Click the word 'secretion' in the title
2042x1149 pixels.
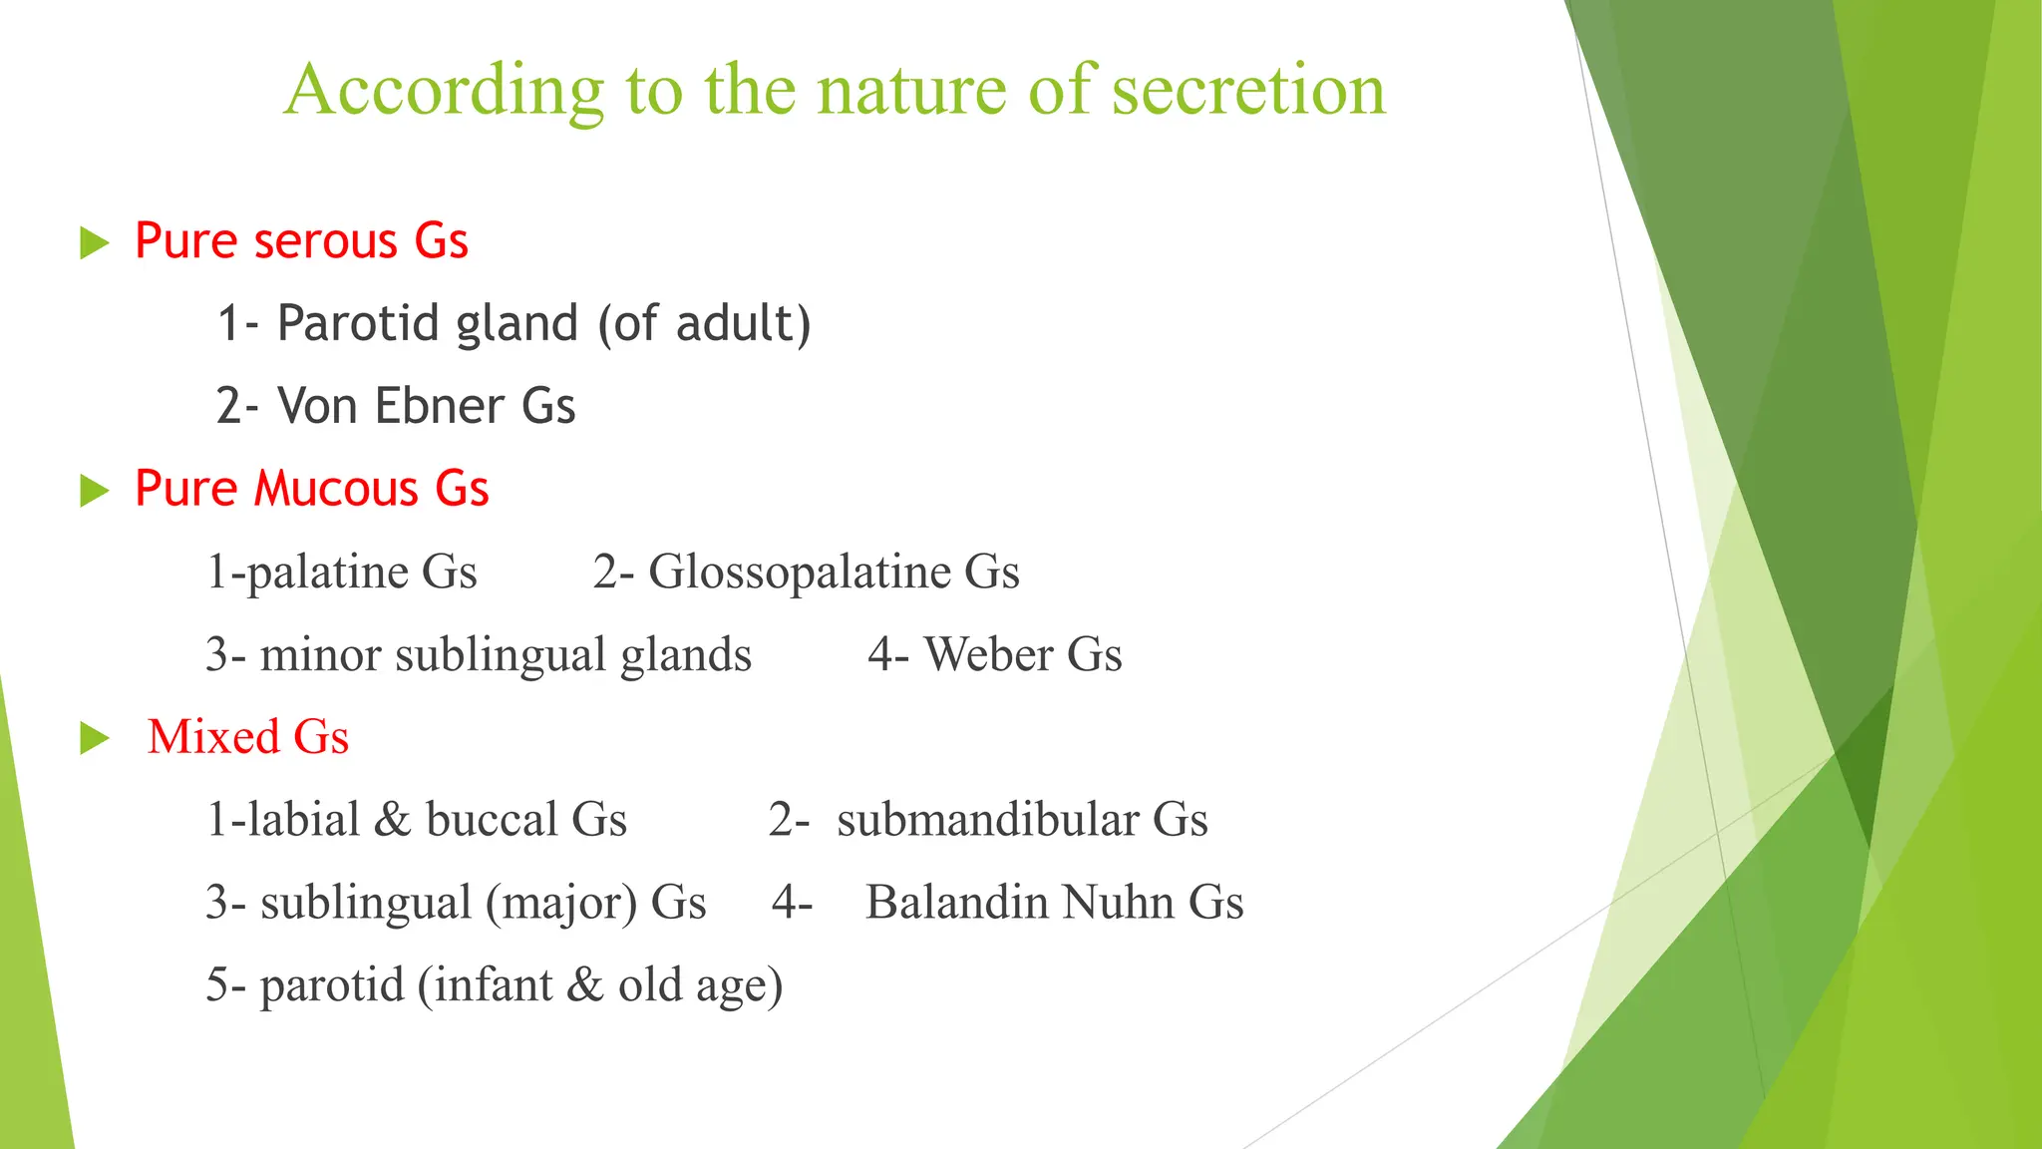(x=1247, y=90)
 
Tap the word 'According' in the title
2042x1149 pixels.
(x=444, y=92)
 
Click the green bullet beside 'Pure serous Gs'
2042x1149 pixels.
(x=94, y=242)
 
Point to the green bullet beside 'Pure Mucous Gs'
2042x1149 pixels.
(x=94, y=491)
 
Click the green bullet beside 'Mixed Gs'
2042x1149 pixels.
(x=94, y=738)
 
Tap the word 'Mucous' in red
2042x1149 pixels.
(x=336, y=490)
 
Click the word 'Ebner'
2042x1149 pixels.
(x=440, y=407)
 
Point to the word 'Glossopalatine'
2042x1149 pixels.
(x=800, y=573)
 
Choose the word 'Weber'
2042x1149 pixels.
(x=988, y=655)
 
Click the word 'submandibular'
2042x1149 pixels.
(x=987, y=820)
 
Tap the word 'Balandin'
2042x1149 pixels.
(x=956, y=903)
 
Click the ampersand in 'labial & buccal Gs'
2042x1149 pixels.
(x=392, y=820)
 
